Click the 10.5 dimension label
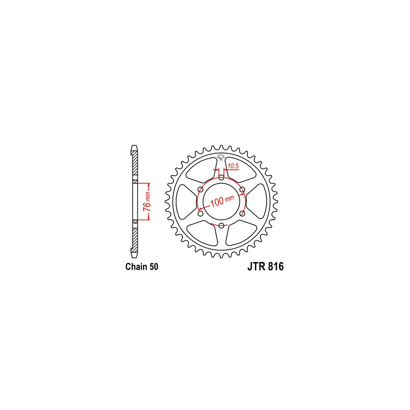tap(233, 166)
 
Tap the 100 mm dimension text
tap(222, 201)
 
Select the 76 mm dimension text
tap(147, 202)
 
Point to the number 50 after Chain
tap(154, 267)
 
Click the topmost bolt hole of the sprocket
tap(221, 178)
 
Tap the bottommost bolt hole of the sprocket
tap(221, 225)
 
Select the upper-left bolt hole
tap(201, 189)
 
